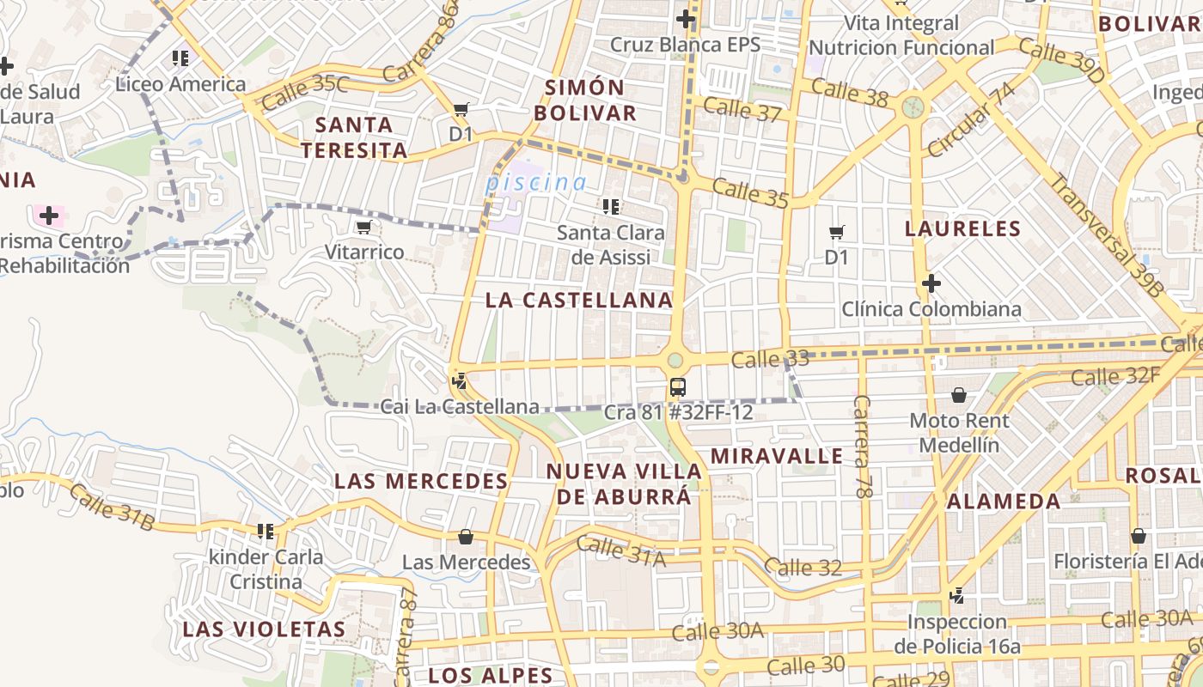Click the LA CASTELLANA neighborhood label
pyautogui.click(x=578, y=301)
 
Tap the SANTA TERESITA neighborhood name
pyautogui.click(x=354, y=137)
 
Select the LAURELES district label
pyautogui.click(x=962, y=228)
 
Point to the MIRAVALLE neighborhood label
pyautogui.click(x=777, y=455)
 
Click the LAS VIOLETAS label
pyautogui.click(x=264, y=629)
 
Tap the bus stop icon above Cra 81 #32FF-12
pyautogui.click(x=678, y=387)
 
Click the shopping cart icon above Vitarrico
pyautogui.click(x=363, y=228)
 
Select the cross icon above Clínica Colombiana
pyautogui.click(x=931, y=283)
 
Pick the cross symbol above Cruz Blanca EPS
pyautogui.click(x=685, y=18)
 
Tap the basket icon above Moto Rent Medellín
pyautogui.click(x=959, y=395)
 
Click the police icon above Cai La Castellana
pyautogui.click(x=460, y=380)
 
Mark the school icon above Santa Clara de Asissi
pyautogui.click(x=611, y=206)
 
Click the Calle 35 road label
pyautogui.click(x=750, y=193)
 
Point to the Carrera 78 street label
pyautogui.click(x=862, y=447)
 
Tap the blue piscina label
pyautogui.click(x=535, y=182)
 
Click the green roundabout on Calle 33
pyautogui.click(x=675, y=360)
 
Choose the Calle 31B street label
pyautogui.click(x=112, y=507)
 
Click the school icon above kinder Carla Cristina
pyautogui.click(x=266, y=532)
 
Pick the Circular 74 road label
pyautogui.click(x=971, y=121)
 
